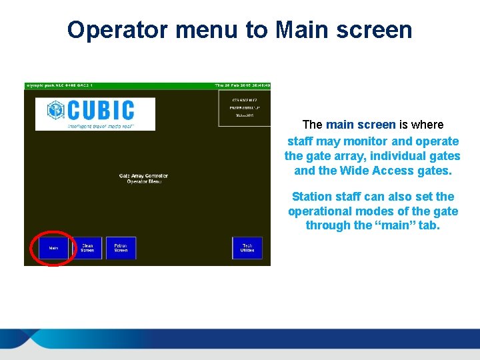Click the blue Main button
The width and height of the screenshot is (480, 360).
point(53,248)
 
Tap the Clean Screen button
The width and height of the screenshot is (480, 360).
point(87,248)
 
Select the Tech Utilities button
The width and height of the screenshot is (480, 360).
point(247,248)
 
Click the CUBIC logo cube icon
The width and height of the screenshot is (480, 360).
point(56,110)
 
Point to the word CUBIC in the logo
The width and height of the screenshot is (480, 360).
point(101,110)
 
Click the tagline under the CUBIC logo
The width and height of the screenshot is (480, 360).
point(101,125)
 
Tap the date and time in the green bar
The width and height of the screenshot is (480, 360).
point(241,85)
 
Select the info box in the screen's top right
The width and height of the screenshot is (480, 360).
point(245,107)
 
